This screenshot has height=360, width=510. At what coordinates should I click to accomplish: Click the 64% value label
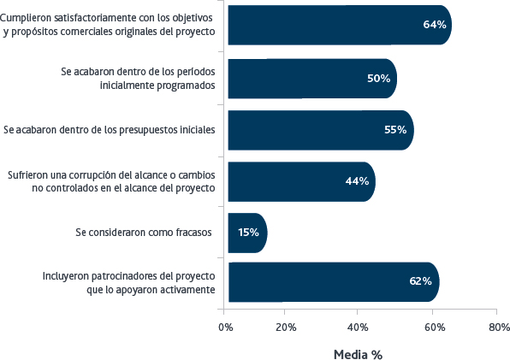435,25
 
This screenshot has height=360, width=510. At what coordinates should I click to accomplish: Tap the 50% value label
378,79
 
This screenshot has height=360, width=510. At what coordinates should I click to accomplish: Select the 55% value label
395,130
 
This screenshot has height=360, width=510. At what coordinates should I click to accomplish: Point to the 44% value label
357,181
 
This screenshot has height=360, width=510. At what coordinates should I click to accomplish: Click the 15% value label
248,233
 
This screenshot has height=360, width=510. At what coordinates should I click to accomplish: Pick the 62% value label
420,281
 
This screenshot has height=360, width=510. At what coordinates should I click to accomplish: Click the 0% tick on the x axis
226,328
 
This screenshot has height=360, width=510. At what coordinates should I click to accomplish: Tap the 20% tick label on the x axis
286,328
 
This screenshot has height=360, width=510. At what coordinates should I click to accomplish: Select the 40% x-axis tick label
358,328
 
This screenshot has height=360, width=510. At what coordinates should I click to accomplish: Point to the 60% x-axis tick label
435,328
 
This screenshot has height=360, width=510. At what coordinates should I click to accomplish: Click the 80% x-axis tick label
499,328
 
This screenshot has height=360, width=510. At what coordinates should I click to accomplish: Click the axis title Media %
358,355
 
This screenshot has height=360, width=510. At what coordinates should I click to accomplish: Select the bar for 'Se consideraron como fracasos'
247,233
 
